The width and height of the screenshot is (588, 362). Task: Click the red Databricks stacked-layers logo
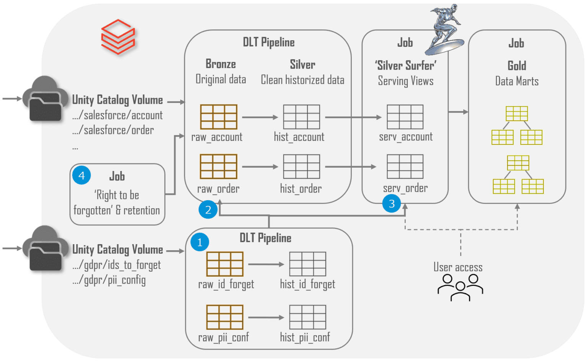tap(118, 37)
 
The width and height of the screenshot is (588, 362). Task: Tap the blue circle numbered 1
tap(199, 242)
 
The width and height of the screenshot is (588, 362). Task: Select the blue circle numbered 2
tap(208, 209)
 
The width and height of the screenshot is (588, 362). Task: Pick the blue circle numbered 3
tap(391, 203)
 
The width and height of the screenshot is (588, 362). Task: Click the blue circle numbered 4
tap(82, 175)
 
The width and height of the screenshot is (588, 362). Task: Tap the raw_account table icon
tap(219, 117)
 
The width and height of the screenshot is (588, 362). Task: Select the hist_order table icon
tap(301, 166)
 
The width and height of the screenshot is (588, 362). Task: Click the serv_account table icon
tap(405, 117)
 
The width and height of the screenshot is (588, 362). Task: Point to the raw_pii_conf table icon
tap(225, 317)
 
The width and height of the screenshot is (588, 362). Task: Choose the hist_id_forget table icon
tap(307, 264)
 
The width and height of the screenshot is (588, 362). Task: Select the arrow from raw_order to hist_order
tap(260, 166)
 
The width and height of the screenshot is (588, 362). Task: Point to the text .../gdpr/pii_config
tap(109, 280)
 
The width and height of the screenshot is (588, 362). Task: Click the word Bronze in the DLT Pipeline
tap(220, 64)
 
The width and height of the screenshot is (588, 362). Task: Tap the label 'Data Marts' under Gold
tap(516, 81)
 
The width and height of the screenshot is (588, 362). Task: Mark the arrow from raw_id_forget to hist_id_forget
tap(266, 264)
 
